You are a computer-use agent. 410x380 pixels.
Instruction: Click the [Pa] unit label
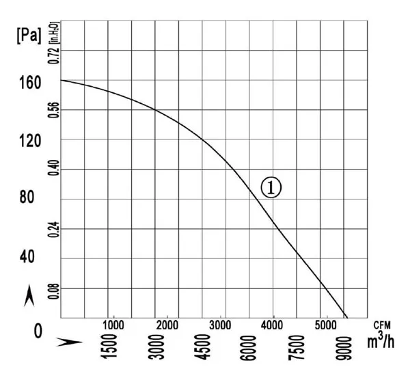29,36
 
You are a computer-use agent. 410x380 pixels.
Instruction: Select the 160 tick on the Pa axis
30,83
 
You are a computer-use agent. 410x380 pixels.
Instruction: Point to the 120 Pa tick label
30,141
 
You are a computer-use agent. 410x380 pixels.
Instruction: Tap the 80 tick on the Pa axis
27,197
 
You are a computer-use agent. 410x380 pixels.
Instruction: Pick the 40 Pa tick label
27,256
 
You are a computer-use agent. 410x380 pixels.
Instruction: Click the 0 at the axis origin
38,331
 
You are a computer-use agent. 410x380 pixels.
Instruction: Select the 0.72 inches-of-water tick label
53,56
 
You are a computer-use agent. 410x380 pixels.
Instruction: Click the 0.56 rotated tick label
53,110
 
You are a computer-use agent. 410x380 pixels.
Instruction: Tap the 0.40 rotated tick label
53,168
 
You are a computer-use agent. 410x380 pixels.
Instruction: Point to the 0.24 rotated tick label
53,230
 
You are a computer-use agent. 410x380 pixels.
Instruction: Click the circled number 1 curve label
271,187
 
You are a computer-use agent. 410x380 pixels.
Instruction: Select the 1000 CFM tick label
113,325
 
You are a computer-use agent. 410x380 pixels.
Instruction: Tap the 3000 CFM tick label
221,325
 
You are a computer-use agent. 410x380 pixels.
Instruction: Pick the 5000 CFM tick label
325,325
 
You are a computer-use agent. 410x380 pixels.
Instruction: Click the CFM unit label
382,325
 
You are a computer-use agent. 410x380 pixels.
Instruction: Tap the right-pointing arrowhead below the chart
70,342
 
